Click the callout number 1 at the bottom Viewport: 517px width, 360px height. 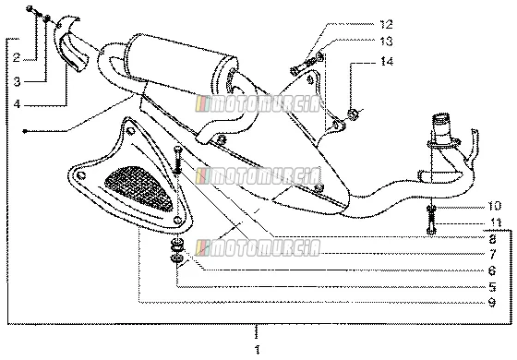point(258,349)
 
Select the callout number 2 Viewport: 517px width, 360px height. point(17,57)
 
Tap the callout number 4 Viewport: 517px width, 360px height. point(18,104)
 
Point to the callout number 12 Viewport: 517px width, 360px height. point(386,24)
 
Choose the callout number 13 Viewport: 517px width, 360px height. point(386,42)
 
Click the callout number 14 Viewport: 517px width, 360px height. point(387,61)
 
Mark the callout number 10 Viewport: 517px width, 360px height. point(494,206)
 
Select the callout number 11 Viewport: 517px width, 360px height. point(495,222)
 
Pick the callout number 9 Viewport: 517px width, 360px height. point(492,303)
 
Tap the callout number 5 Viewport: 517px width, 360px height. point(492,287)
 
